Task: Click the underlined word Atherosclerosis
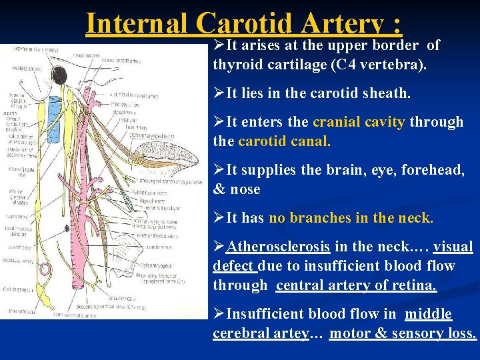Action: tap(278, 247)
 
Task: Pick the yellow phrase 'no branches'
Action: tap(303, 218)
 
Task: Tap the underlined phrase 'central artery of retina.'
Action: tap(357, 285)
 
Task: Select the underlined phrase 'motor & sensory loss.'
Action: tap(403, 333)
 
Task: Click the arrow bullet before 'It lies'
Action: tap(219, 94)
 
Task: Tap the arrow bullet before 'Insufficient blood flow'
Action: tap(219, 314)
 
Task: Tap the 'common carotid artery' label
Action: tap(21, 260)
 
